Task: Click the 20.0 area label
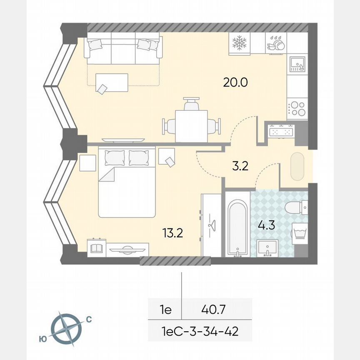click(x=235, y=82)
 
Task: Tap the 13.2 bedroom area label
click(x=173, y=232)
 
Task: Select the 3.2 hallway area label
click(x=240, y=167)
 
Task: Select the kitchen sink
click(x=297, y=64)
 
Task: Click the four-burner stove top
click(x=297, y=108)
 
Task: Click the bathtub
click(x=237, y=228)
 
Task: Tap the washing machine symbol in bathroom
click(x=300, y=232)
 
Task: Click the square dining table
click(x=191, y=125)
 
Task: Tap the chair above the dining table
click(x=191, y=104)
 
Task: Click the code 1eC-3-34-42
click(x=200, y=332)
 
